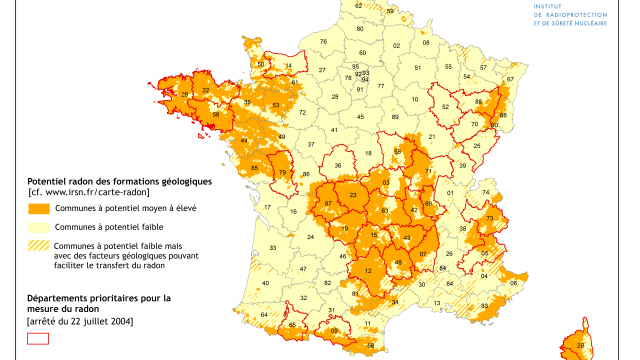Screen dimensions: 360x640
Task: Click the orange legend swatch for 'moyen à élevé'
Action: coord(39,209)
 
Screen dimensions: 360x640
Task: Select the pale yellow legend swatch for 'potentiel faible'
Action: coord(39,228)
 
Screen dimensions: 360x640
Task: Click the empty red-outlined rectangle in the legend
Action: coord(39,339)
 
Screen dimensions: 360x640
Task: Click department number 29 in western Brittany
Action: coord(184,94)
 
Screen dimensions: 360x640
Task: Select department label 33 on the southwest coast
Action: coord(271,248)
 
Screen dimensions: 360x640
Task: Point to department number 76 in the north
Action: coord(323,41)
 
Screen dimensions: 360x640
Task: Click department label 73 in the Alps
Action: coord(490,218)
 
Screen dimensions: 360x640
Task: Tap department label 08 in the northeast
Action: coord(427,44)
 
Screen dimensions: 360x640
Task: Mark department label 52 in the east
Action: coord(445,107)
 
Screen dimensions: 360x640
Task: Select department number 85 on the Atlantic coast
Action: coord(254,167)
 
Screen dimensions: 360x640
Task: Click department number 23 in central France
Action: coord(353,196)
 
